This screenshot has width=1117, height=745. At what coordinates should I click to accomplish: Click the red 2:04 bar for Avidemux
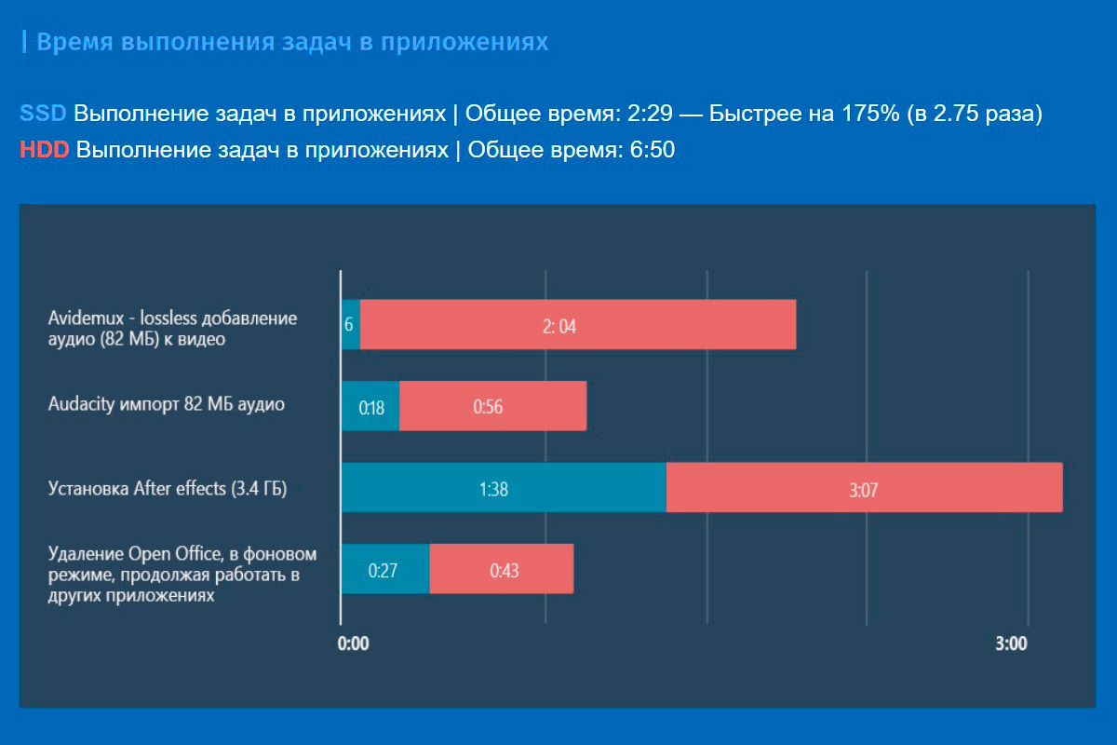pos(577,324)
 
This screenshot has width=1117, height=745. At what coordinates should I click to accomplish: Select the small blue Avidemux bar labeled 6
pos(350,324)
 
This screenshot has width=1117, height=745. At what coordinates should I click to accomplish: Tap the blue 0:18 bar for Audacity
pos(370,406)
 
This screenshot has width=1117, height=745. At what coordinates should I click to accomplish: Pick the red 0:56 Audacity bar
pos(492,406)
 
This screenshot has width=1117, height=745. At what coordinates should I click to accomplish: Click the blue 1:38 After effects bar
pos(504,487)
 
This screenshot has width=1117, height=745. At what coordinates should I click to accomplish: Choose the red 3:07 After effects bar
pos(864,487)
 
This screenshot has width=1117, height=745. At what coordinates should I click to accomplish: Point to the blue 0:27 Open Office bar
pos(384,569)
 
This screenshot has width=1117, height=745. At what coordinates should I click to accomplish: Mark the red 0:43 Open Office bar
pos(501,569)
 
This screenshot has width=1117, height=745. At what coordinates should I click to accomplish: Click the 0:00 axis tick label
pos(354,643)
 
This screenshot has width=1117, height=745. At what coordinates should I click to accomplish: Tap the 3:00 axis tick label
pos(1011,643)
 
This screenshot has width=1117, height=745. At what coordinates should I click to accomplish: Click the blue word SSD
pos(43,114)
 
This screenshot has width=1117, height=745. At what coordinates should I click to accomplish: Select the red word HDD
pos(44,150)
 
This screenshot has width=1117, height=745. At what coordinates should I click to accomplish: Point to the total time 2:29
pos(648,114)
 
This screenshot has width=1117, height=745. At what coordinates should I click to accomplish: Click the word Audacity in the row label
pos(80,404)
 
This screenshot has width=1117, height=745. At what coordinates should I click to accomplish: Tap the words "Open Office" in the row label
pos(160,554)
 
